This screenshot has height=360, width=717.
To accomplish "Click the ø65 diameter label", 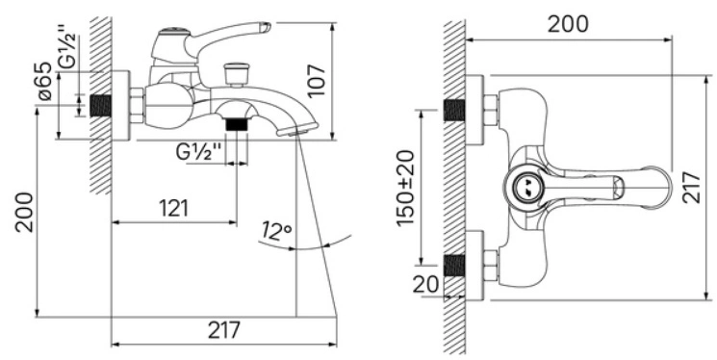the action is coord(45,81).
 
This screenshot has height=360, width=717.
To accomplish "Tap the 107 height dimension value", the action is coord(317,81).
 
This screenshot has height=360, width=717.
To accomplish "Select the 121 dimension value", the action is coord(174,209).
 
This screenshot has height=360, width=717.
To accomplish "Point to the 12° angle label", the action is coord(277,231).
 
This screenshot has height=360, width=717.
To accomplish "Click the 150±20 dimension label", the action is coord(405,188).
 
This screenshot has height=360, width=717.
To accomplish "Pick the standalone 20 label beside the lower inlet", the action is coord(426,285).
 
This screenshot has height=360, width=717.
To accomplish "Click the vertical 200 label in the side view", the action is coord(24,213).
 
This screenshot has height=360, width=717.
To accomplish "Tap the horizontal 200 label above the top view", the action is coord(568,24).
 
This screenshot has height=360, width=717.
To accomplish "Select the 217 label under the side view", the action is coord(224,330).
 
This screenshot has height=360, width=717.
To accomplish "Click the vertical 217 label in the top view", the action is coord(691,187).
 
